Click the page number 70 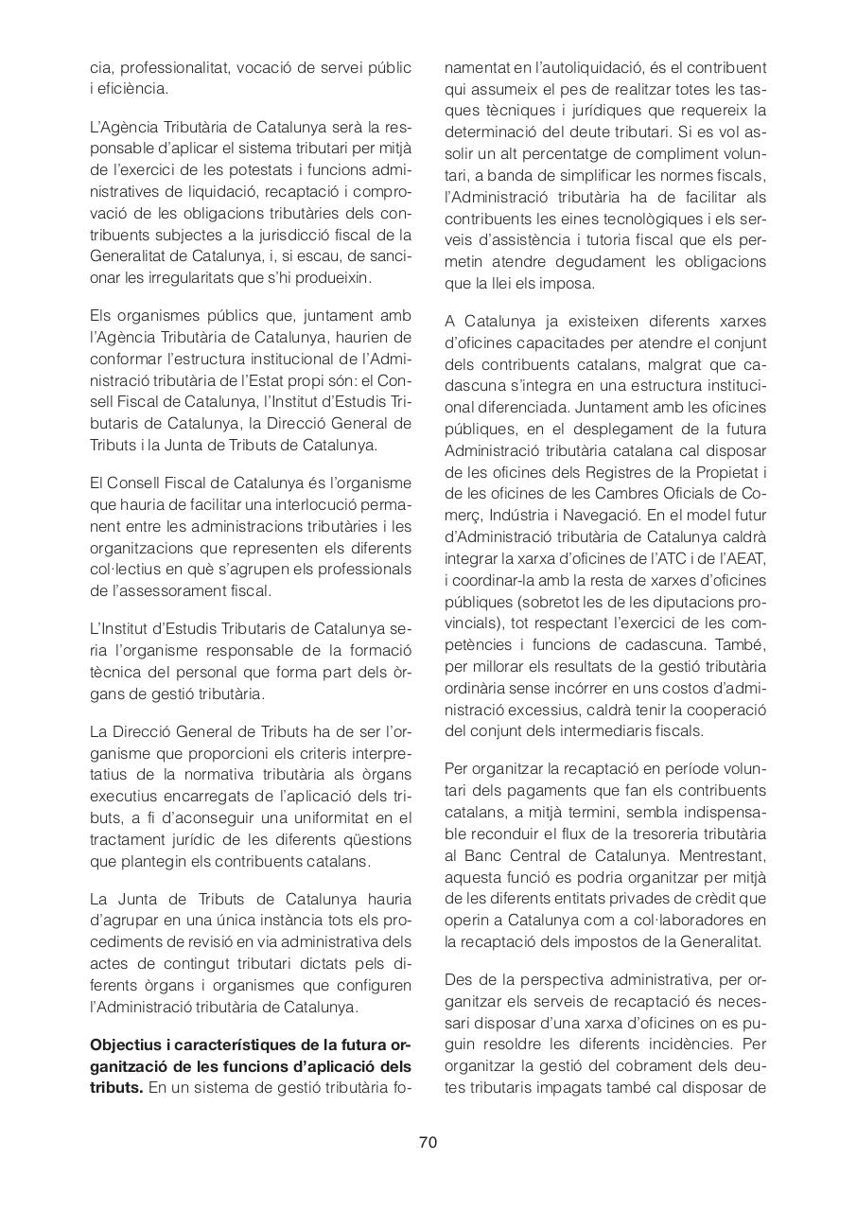click(428, 1142)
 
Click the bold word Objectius click(127, 1045)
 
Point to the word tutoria click(579, 240)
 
